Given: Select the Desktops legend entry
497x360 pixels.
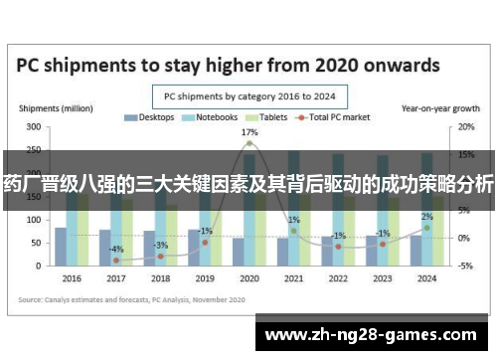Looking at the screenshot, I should tap(149, 117).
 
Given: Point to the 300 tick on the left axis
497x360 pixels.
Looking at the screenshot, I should tap(33, 127).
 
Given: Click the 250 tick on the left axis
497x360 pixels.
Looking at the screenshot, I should tap(33, 150).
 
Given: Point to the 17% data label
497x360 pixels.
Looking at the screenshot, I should tap(249, 132).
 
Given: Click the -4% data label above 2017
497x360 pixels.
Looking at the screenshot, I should tap(116, 249).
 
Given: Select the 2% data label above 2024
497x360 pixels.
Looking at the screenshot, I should tap(426, 217).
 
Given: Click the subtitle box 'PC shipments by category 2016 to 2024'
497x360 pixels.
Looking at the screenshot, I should tap(248, 95).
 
